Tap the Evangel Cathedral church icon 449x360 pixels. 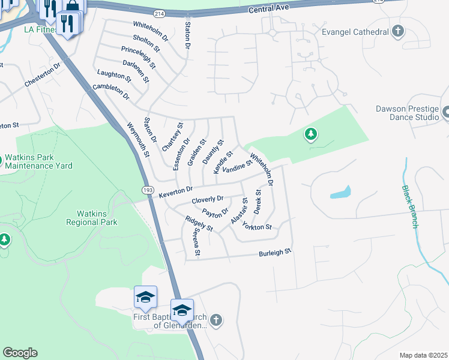(x=397, y=31)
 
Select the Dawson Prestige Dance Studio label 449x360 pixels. (x=408, y=113)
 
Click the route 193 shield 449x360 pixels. (x=148, y=190)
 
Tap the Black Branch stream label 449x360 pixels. (x=410, y=206)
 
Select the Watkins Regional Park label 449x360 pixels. (x=97, y=217)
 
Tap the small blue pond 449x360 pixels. (x=340, y=193)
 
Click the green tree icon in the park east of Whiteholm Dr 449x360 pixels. (x=310, y=135)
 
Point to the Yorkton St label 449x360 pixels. (x=257, y=226)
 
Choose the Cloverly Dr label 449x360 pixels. (x=207, y=199)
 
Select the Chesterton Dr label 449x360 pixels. (x=43, y=76)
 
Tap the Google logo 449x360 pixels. (x=20, y=353)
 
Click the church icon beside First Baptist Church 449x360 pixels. (x=217, y=320)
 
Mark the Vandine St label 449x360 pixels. (x=237, y=166)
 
